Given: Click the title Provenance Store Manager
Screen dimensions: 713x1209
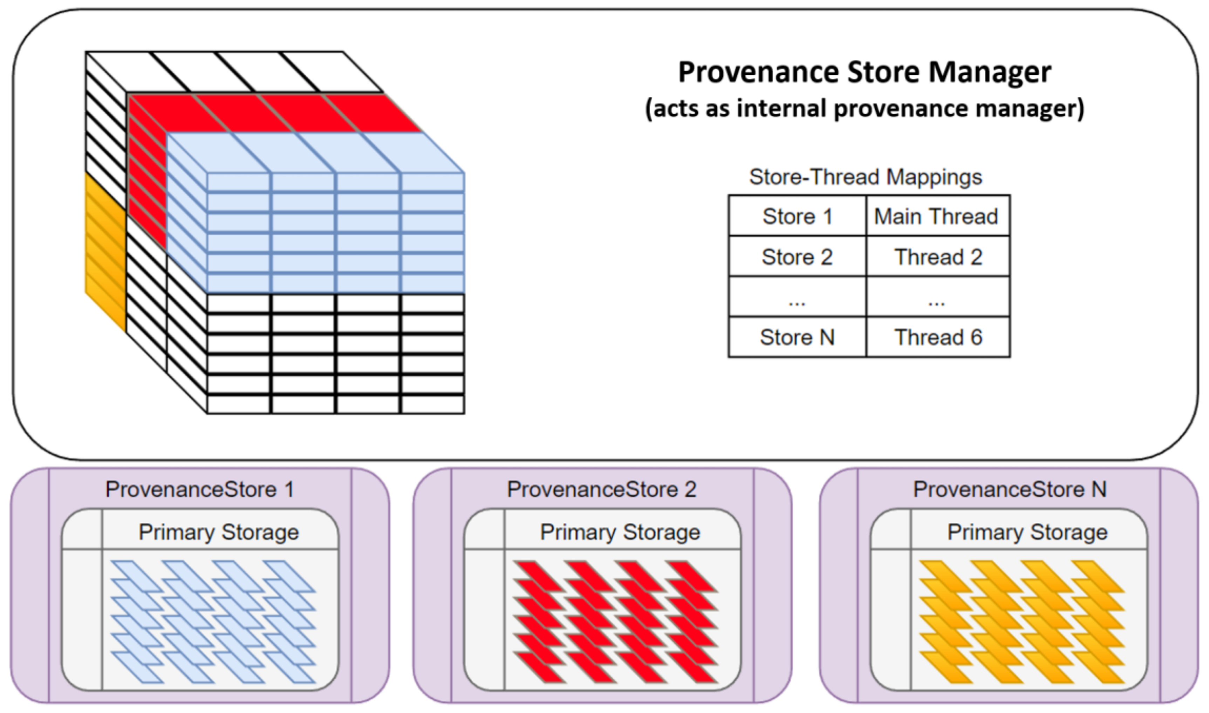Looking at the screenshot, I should coord(864,73).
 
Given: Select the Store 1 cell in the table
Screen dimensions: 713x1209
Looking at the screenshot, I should coord(797,216).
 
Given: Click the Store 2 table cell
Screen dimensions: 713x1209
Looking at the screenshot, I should coord(797,257).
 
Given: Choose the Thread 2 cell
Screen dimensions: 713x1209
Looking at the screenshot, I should coord(938,257).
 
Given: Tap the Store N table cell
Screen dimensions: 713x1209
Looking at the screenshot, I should coord(797,337).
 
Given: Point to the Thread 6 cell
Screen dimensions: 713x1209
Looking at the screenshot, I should coord(938,337).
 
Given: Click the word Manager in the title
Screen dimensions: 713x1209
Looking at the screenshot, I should coord(990,73).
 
